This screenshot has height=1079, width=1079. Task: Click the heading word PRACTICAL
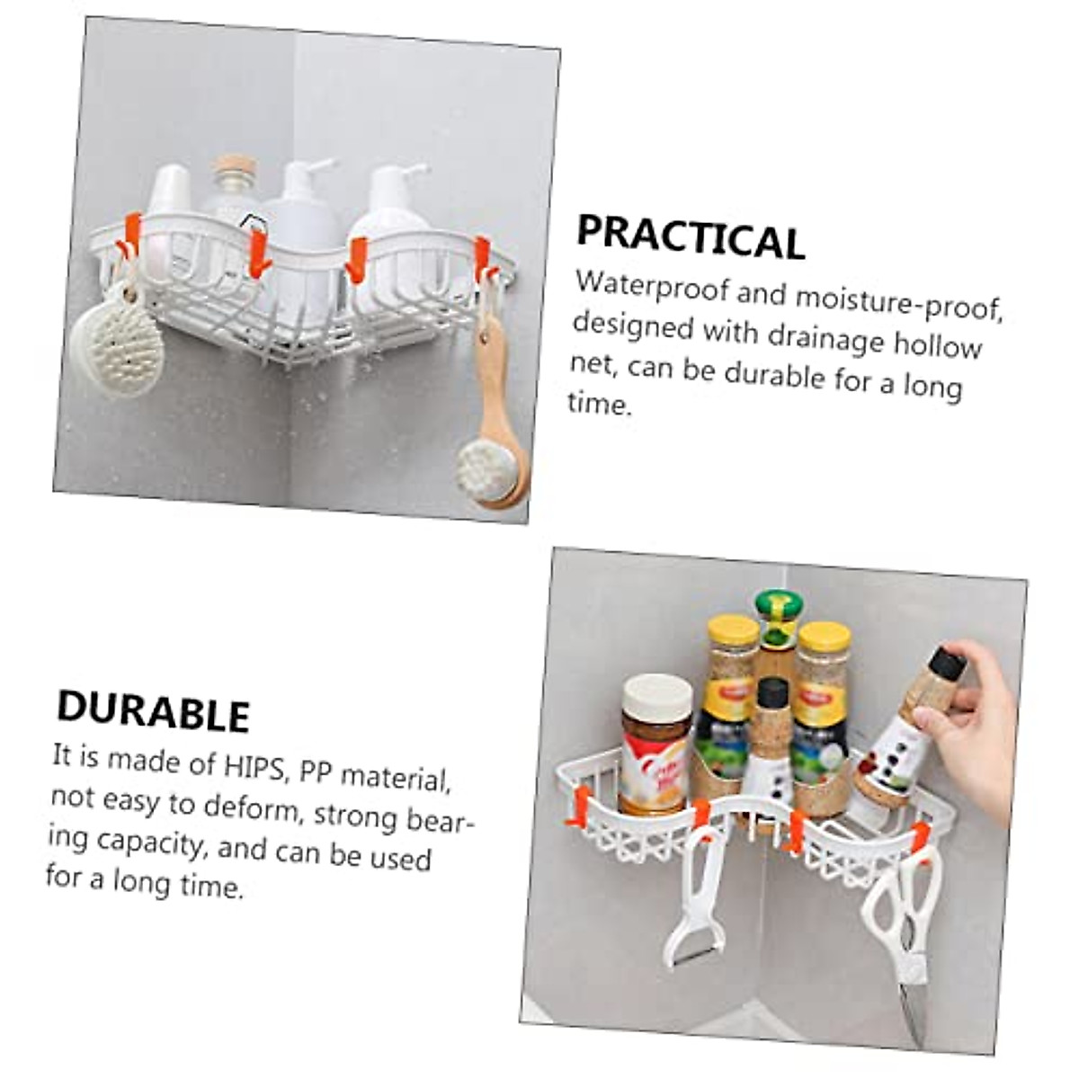[x=690, y=237]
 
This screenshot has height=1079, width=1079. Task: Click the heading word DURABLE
[x=153, y=711]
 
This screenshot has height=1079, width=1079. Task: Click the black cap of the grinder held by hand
[x=944, y=665]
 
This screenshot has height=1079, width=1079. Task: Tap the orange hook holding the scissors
[x=918, y=837]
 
